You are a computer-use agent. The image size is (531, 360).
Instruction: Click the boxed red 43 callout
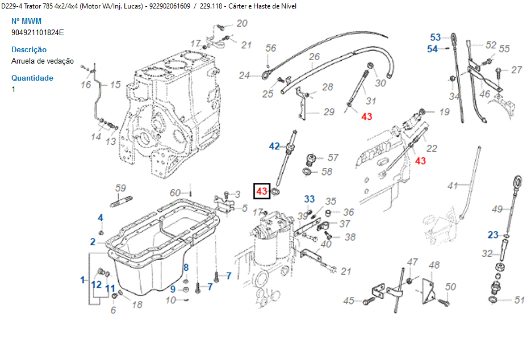pyautogui.click(x=262, y=191)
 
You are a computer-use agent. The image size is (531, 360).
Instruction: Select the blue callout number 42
pyautogui.click(x=274, y=146)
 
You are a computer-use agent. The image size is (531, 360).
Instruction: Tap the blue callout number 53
pyautogui.click(x=435, y=37)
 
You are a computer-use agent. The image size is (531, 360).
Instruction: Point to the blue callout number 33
pyautogui.click(x=309, y=199)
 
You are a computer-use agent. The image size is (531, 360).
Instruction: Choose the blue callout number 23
pyautogui.click(x=493, y=235)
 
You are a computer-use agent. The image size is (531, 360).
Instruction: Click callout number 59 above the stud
pyautogui.click(x=120, y=188)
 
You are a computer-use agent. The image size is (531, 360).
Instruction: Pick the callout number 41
pyautogui.click(x=452, y=186)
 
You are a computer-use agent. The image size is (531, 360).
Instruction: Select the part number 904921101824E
pyautogui.click(x=37, y=32)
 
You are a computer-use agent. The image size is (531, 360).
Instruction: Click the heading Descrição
pyautogui.click(x=29, y=49)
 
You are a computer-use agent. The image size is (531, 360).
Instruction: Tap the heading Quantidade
pyautogui.click(x=32, y=78)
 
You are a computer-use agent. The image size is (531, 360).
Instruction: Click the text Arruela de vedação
pyautogui.click(x=43, y=61)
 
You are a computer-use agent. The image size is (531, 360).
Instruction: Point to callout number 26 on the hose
pyautogui.click(x=314, y=57)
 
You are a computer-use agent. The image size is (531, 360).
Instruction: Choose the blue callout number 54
pyautogui.click(x=433, y=49)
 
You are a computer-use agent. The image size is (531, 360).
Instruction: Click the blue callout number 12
pyautogui.click(x=97, y=284)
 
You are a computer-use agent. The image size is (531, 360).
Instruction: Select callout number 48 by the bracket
pyautogui.click(x=434, y=265)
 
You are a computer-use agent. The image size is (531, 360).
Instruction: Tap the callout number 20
pyautogui.click(x=242, y=23)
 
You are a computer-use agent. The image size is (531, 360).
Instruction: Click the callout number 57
pyautogui.click(x=333, y=158)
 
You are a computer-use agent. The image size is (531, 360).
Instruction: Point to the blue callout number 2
pyautogui.click(x=93, y=242)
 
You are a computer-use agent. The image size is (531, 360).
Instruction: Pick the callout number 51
pyautogui.click(x=519, y=300)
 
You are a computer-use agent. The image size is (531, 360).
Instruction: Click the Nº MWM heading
pyautogui.click(x=26, y=21)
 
